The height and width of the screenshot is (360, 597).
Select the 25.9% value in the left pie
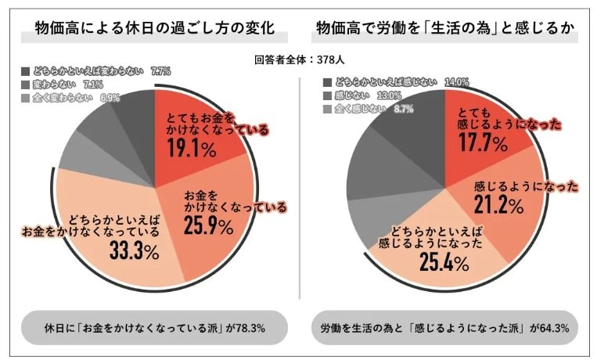pyautogui.click(x=209, y=227)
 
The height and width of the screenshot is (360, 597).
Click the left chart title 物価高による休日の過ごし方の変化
pyautogui.click(x=154, y=31)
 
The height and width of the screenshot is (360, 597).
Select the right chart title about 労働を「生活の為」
pyautogui.click(x=445, y=31)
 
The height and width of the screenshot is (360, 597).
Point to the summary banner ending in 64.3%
pyautogui.click(x=444, y=327)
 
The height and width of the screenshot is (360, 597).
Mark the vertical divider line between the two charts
pyautogui.click(x=300, y=196)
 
